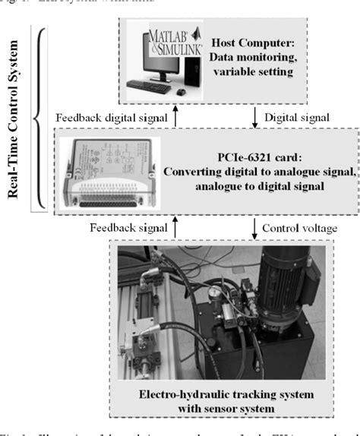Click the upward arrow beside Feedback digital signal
click(x=176, y=117)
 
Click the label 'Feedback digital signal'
click(x=113, y=117)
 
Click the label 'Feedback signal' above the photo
click(x=128, y=227)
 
